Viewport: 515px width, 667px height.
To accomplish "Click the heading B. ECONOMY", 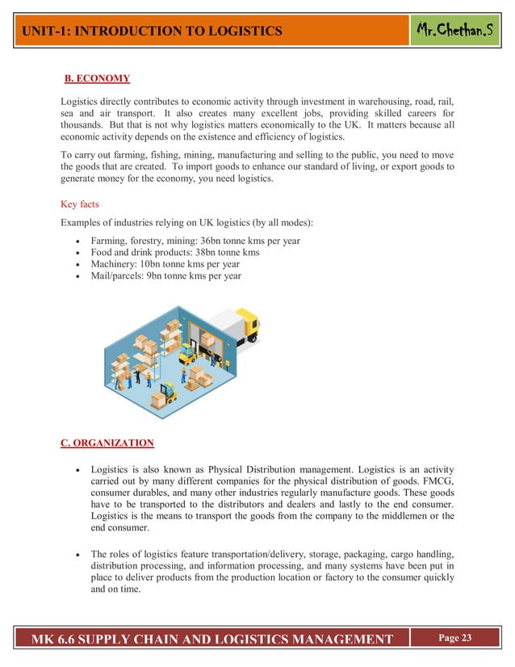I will coord(97,78).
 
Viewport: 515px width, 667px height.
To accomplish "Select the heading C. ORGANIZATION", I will coord(107,443).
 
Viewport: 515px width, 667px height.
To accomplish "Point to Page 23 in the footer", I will coord(455,639).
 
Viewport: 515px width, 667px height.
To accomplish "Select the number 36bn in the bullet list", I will coord(216,241).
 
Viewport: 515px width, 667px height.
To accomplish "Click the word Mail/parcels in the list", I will coord(118,275).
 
